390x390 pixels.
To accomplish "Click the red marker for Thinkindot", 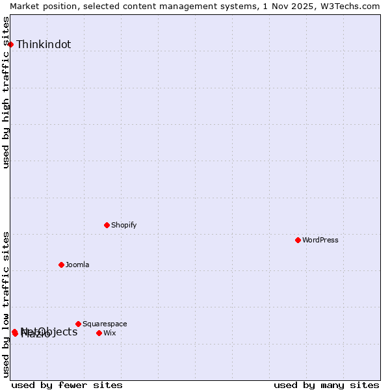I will (x=10, y=44).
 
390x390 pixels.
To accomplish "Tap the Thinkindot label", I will (x=44, y=45).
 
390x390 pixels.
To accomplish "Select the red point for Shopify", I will (x=107, y=225).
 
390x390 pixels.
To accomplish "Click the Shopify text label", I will (x=123, y=226).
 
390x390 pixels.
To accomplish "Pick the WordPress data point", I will (x=298, y=240).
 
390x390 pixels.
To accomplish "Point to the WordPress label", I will (x=320, y=240).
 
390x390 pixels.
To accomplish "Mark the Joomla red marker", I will (x=61, y=265).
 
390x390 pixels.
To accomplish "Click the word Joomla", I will (x=77, y=265).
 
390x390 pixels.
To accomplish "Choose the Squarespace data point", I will (x=78, y=324).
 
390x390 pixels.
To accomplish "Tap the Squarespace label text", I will (x=105, y=324).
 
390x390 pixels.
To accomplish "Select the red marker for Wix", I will (x=99, y=333).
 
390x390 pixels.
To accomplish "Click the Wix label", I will (x=109, y=333).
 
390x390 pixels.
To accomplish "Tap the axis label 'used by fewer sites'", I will (x=67, y=385).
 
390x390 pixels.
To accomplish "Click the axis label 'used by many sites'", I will (x=326, y=385).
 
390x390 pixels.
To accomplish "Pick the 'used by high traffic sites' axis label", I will (x=6, y=92).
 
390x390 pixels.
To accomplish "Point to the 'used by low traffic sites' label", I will (x=6, y=304).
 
